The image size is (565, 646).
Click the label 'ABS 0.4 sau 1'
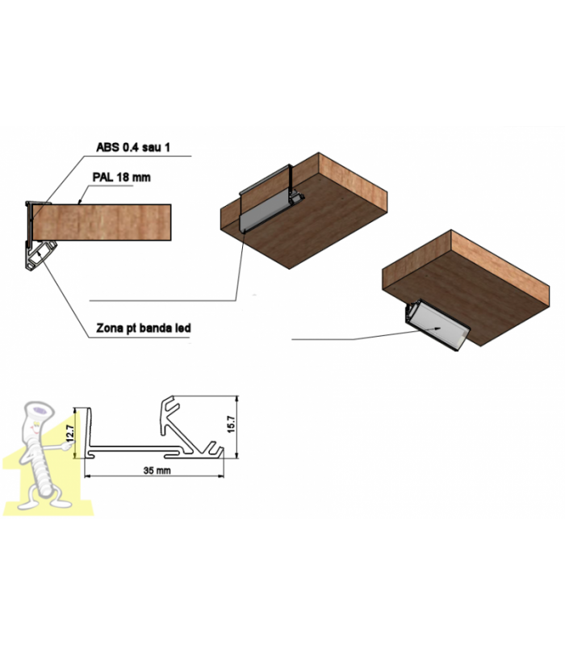(x=133, y=147)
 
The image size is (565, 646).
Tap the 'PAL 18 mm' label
(x=122, y=177)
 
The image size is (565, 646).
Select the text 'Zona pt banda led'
(x=144, y=328)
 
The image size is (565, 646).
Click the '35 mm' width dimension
(x=157, y=470)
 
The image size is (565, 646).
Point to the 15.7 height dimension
(x=231, y=424)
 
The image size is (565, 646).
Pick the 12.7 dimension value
(x=70, y=433)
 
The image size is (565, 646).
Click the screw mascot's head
(x=39, y=412)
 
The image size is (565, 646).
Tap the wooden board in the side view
(x=102, y=223)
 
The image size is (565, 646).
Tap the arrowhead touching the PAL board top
(x=79, y=202)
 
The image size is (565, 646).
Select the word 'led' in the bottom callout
(x=182, y=328)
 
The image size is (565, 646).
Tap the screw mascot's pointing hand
(x=65, y=446)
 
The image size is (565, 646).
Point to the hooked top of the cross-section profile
(x=170, y=405)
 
